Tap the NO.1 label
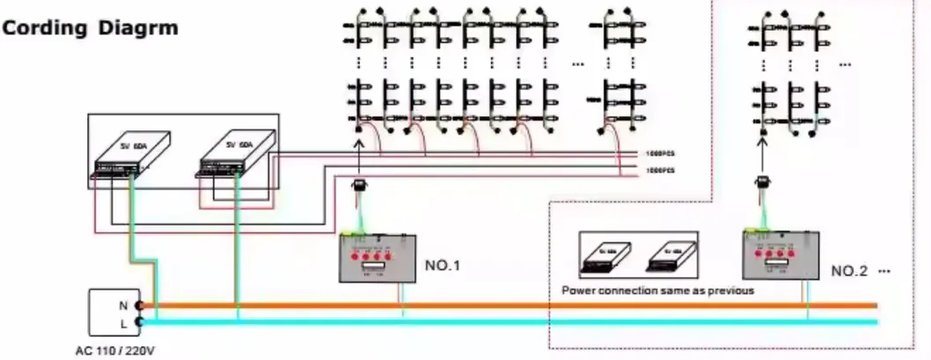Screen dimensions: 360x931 [442, 263]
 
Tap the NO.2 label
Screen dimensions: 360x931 [849, 271]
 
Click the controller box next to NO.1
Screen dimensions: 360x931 [379, 257]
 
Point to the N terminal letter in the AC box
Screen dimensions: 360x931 [124, 305]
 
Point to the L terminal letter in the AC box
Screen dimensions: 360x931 [124, 322]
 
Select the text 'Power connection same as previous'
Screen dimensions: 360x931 [657, 290]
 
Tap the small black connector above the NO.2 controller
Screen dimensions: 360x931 [763, 183]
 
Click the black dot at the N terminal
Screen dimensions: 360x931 [139, 305]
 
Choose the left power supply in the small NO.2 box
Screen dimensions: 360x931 [609, 255]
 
